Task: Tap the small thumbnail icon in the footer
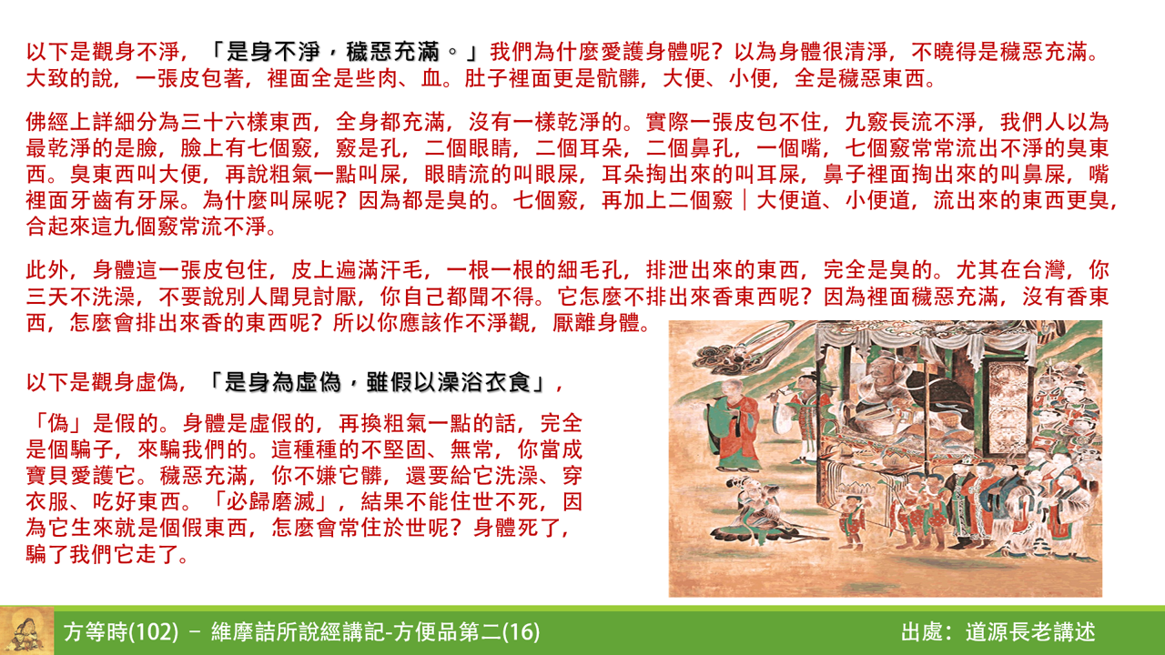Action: click(26, 630)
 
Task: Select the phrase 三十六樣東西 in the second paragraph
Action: click(245, 123)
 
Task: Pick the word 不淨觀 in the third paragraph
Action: click(509, 323)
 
